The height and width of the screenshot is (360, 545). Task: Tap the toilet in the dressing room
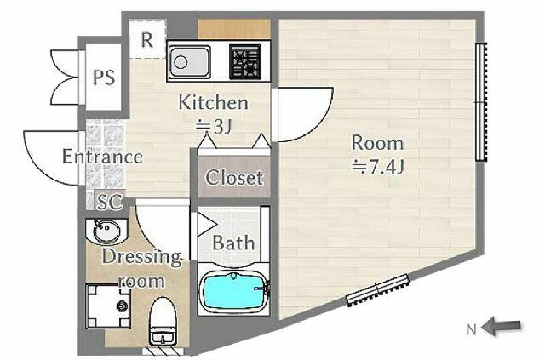163,321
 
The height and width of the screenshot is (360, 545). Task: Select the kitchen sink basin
190,62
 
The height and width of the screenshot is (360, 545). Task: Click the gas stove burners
245,61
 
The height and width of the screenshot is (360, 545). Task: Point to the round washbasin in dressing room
106,231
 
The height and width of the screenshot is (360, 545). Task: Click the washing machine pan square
108,306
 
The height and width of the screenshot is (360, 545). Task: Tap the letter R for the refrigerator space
147,40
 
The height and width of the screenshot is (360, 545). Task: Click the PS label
104,77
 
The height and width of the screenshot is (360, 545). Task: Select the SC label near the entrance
110,202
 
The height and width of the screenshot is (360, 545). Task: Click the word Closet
234,178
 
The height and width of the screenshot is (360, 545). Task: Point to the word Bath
233,243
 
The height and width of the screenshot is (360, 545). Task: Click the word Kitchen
214,102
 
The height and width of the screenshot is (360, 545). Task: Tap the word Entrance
102,157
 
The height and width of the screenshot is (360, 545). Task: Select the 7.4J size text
378,169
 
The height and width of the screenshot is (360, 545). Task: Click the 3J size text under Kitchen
214,127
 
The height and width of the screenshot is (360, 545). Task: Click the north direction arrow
502,326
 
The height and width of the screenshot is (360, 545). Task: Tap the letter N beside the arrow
471,329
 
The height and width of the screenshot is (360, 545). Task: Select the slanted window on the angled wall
377,290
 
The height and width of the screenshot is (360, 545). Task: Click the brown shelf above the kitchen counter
234,29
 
